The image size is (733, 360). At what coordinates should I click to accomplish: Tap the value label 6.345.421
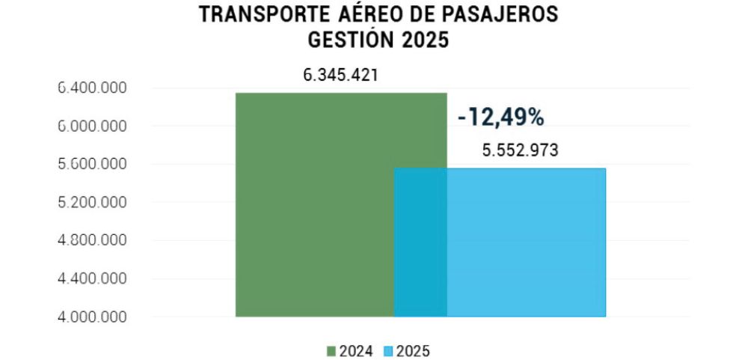point(340,76)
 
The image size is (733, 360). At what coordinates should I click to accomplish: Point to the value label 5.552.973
point(520,150)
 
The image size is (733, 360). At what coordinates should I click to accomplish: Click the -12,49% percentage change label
point(500,118)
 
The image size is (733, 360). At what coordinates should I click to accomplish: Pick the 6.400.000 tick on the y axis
point(92,88)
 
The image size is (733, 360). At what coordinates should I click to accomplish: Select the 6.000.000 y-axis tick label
point(92,126)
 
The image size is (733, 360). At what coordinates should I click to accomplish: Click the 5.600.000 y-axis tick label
point(92,165)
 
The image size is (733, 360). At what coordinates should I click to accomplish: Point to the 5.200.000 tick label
point(92,203)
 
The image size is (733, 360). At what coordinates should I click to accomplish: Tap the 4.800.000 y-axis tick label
point(92,241)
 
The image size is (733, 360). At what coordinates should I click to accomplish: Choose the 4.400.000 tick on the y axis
point(92,279)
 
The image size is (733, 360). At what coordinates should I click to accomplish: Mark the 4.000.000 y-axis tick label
point(92,317)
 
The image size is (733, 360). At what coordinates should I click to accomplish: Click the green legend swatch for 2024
point(331,350)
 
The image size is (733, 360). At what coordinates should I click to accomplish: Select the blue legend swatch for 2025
point(388,350)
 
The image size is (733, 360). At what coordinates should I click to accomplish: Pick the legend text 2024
point(355,350)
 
